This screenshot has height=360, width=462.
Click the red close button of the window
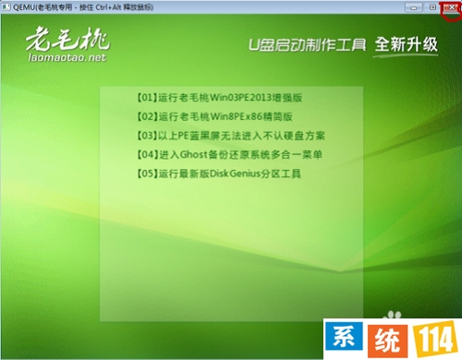tap(451, 7)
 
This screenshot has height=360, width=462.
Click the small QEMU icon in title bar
tap(7, 7)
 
